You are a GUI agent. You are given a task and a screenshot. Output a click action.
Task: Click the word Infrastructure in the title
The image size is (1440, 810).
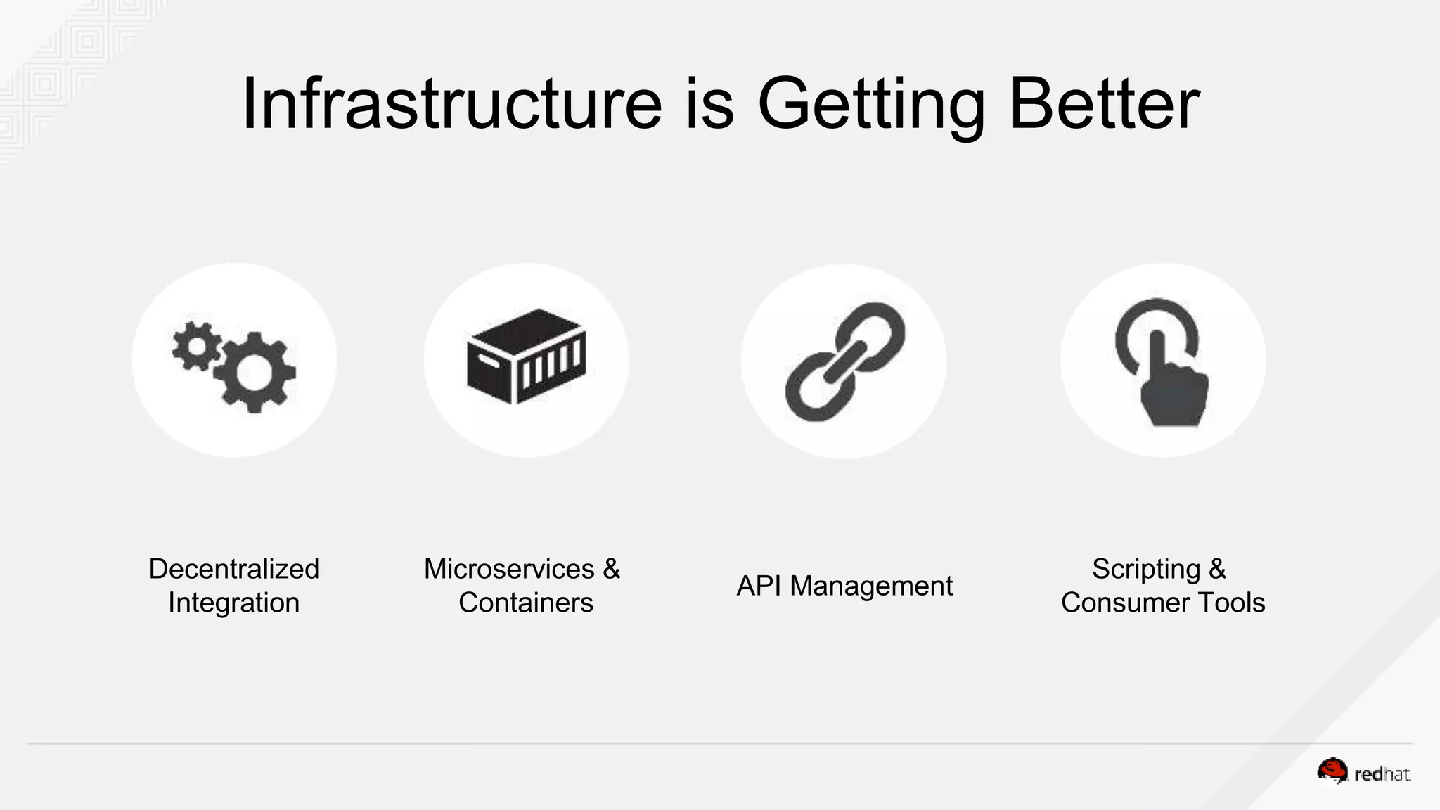tap(451, 104)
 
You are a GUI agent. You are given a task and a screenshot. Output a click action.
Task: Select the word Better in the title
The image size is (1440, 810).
tap(1105, 104)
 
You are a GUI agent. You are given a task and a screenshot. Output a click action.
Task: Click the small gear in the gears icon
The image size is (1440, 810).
tap(195, 345)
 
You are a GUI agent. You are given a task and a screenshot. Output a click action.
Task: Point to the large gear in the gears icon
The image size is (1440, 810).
tap(255, 372)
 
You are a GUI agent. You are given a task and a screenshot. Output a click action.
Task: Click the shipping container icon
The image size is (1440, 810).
tap(526, 356)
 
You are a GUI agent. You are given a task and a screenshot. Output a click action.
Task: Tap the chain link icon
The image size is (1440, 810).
tap(844, 361)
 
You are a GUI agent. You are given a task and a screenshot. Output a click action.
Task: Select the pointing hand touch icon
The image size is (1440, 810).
tap(1162, 362)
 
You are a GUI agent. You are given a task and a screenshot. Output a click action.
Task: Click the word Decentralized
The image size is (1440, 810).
tap(234, 569)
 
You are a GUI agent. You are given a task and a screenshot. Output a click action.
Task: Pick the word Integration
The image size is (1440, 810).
tap(234, 603)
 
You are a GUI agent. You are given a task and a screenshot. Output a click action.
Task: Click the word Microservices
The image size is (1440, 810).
tap(509, 569)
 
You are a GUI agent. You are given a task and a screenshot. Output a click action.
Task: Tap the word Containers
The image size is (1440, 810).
tap(526, 603)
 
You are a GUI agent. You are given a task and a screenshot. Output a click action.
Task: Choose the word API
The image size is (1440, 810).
tap(759, 586)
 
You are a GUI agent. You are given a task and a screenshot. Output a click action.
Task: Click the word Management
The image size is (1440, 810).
tap(871, 586)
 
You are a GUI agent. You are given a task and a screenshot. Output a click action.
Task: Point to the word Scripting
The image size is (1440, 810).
tap(1146, 569)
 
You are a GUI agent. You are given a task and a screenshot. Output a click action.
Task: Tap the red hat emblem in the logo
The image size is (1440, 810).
tap(1332, 771)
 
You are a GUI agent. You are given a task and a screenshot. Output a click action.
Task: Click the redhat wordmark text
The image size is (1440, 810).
tap(1382, 775)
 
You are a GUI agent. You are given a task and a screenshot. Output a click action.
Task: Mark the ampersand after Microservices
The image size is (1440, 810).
tap(611, 569)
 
